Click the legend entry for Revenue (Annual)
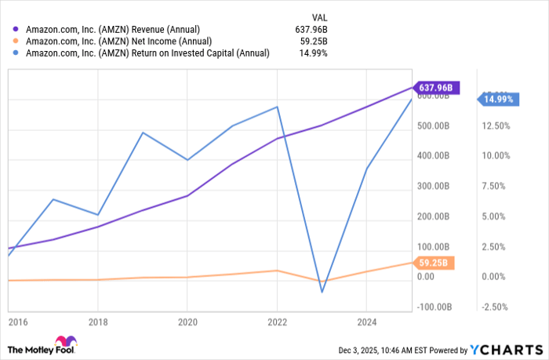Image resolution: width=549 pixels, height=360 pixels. (x=117, y=30)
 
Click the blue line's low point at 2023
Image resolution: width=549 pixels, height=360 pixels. (x=322, y=293)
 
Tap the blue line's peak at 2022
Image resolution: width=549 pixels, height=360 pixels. (x=277, y=107)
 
